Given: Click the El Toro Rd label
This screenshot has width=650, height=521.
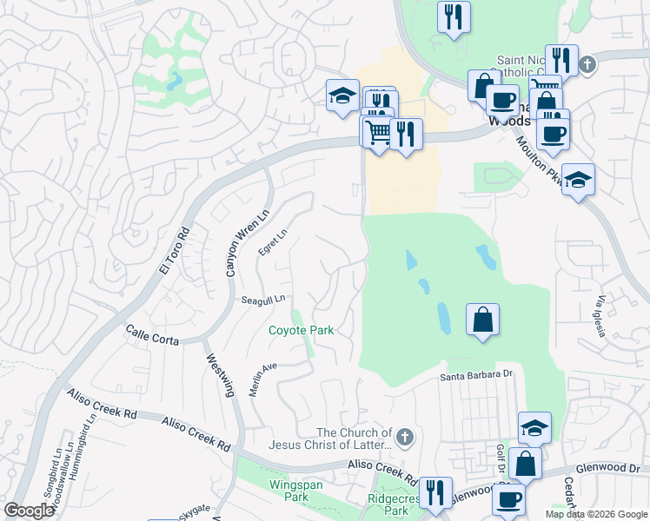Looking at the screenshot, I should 173,252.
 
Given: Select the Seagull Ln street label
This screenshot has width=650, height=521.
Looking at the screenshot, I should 263,300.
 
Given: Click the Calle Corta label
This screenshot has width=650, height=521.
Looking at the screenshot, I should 152,335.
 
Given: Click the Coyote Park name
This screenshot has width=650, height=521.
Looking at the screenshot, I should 301,330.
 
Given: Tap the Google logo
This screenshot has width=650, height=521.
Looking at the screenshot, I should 30,511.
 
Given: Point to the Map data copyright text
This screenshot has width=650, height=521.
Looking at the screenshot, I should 595,514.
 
